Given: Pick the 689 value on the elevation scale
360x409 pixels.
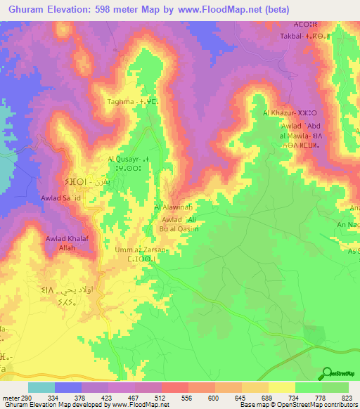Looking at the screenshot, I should (x=268, y=397).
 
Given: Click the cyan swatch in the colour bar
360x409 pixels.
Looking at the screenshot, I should (x=41, y=387).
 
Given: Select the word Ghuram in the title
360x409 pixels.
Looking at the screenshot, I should (x=27, y=8).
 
